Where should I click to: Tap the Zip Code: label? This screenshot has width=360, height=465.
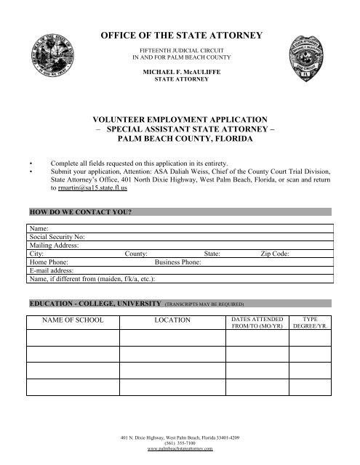pos(276,254)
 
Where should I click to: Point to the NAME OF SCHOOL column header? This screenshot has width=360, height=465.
pos(73,320)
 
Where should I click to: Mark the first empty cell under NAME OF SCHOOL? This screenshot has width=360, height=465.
pos(73,338)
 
